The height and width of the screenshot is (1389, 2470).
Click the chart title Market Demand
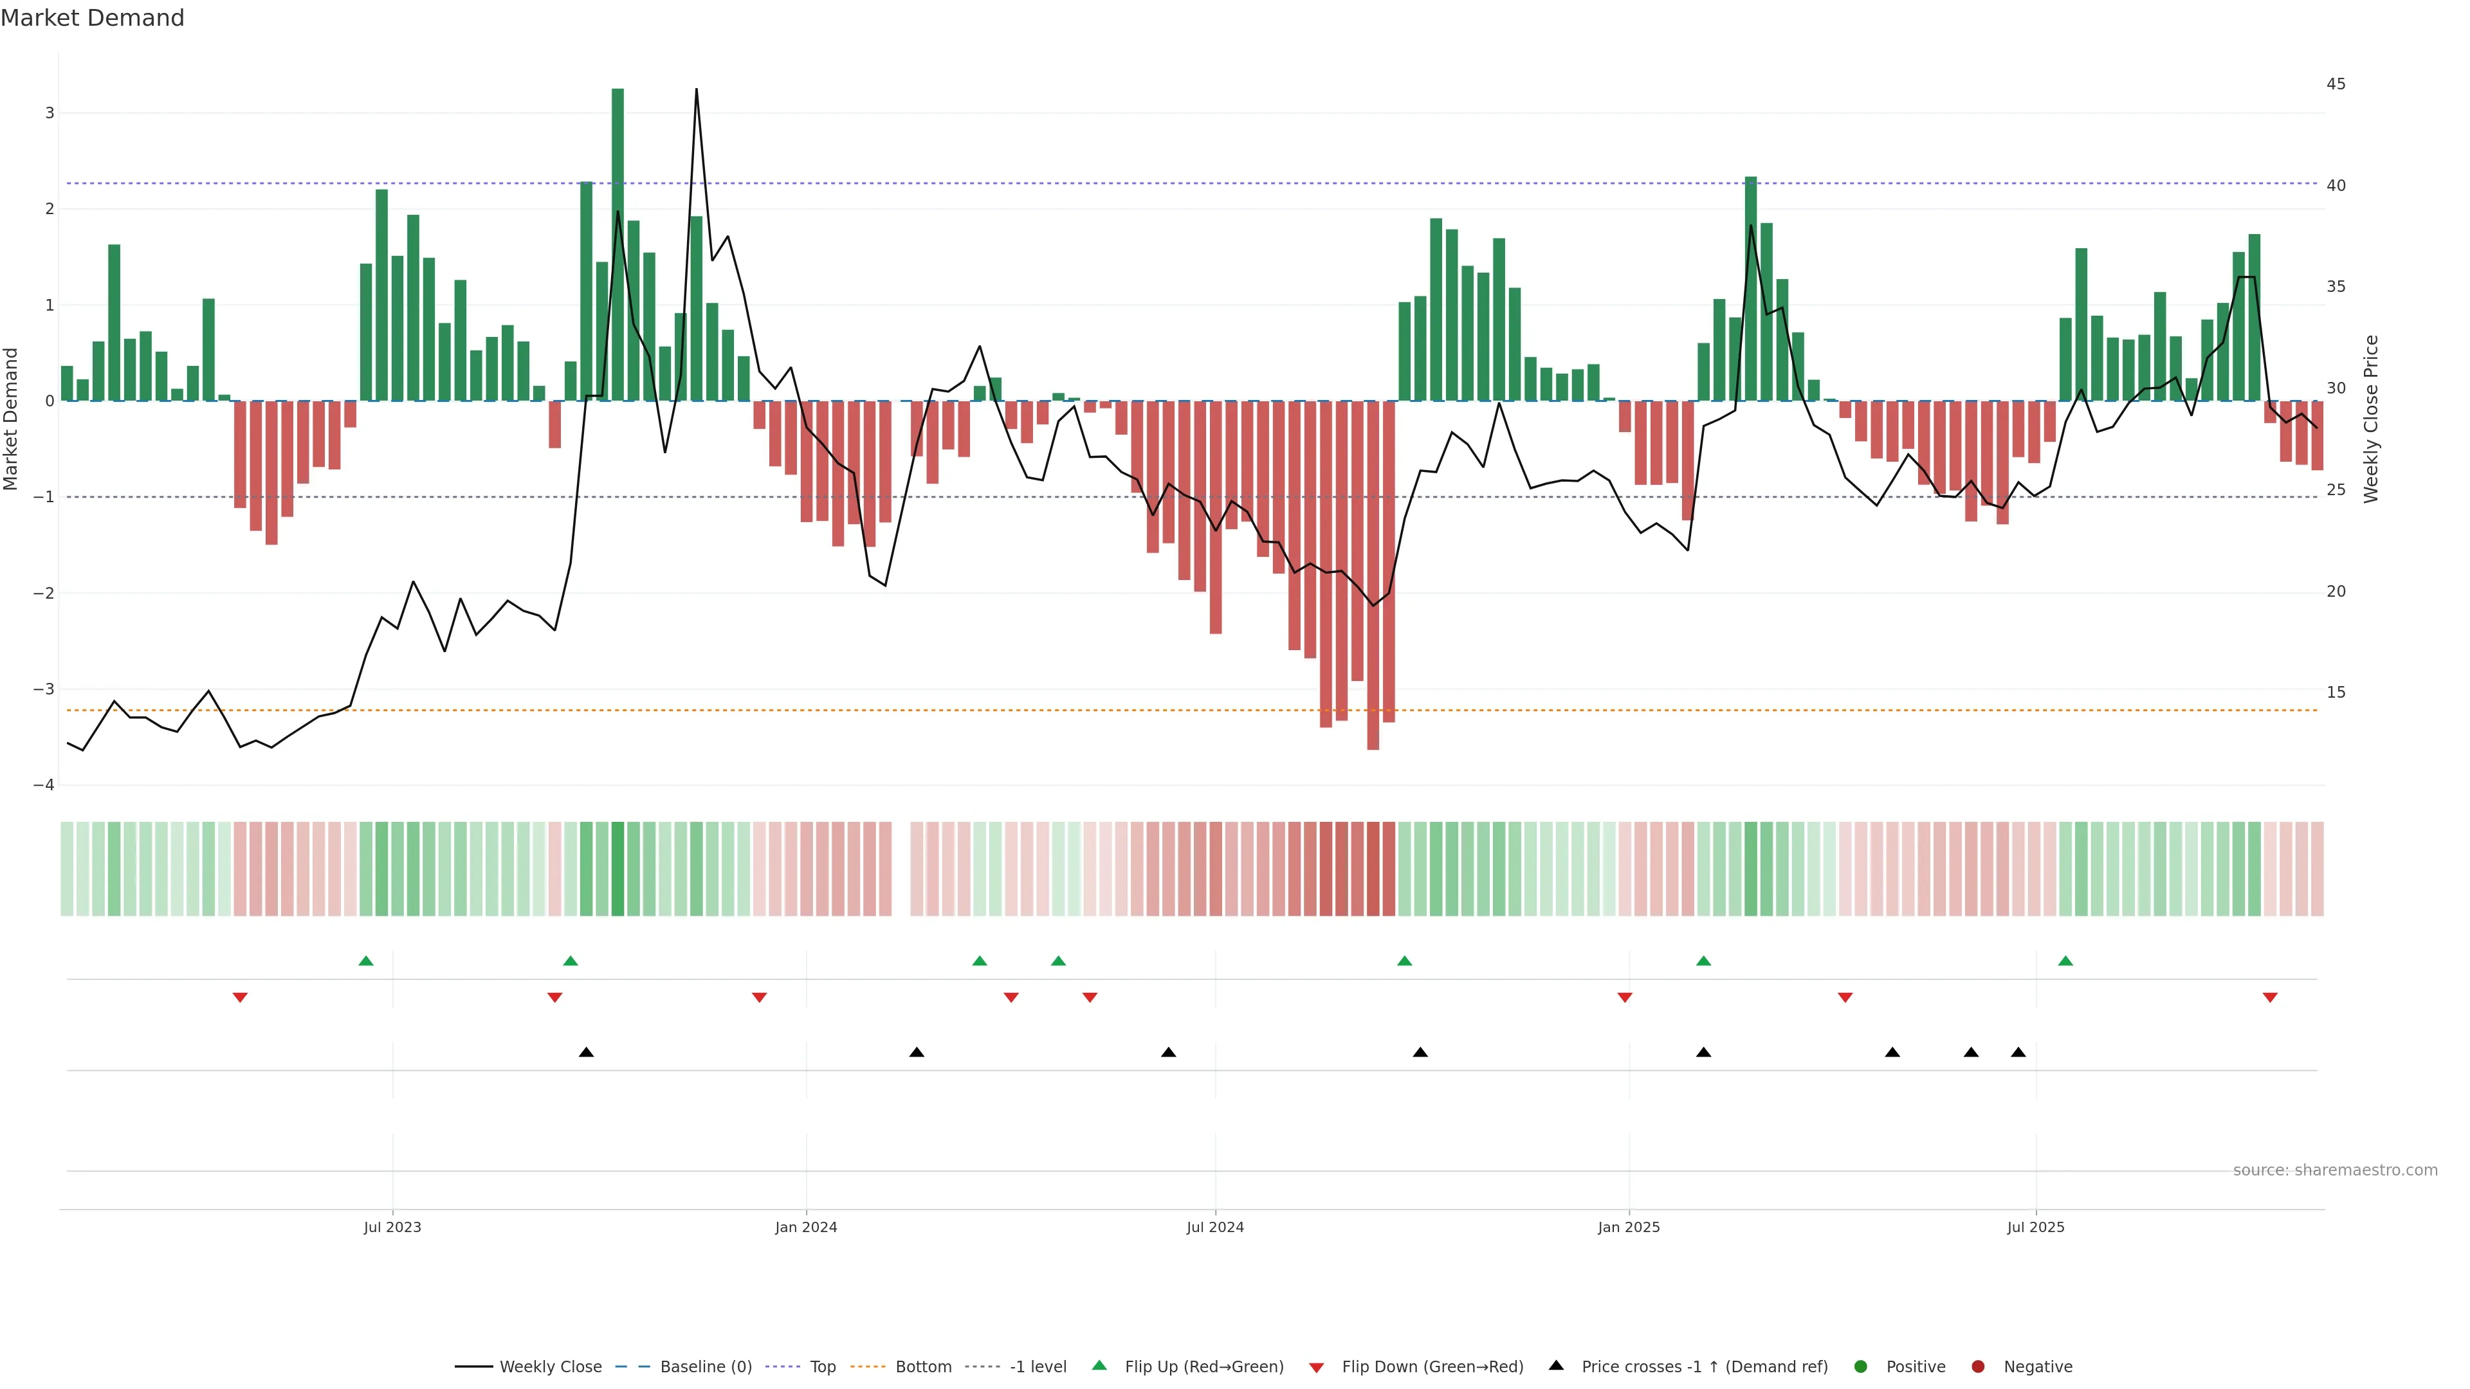tap(92, 18)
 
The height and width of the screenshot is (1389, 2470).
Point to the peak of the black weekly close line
tap(696, 90)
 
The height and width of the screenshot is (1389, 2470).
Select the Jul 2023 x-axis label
tap(392, 1227)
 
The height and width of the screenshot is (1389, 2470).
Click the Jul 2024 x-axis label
tap(1215, 1227)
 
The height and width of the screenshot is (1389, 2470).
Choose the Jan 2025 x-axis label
tap(1628, 1227)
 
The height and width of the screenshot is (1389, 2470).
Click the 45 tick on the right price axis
tap(2336, 84)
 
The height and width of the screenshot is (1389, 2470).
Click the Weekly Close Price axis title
tap(2371, 419)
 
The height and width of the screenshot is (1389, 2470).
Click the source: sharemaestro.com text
tap(2335, 1170)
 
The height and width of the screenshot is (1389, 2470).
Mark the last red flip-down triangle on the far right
tap(2269, 998)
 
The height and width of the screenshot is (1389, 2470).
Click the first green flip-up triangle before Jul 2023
tap(365, 961)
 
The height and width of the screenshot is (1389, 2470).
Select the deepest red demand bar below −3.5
tap(1373, 575)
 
